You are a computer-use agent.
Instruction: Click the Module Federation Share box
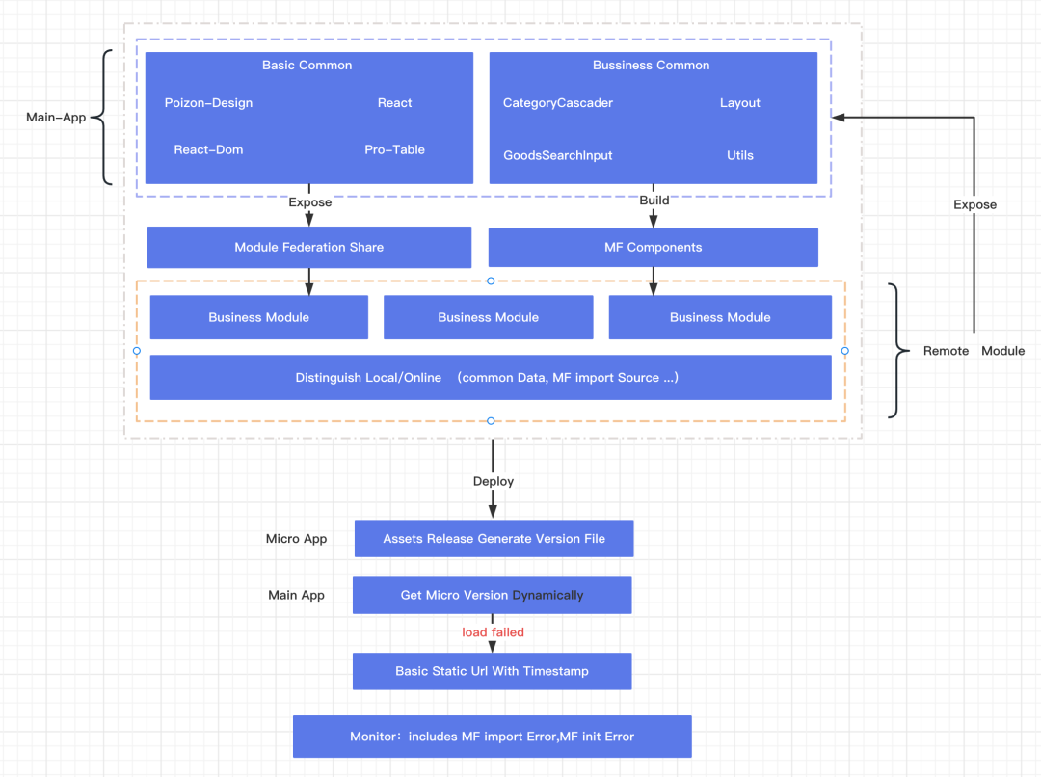tap(309, 247)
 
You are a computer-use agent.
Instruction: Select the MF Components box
tap(654, 247)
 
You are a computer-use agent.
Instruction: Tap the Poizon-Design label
tap(208, 103)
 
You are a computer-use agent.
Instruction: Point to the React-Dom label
tap(208, 150)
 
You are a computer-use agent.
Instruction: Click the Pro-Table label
tap(394, 150)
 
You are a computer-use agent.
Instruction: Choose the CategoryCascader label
tap(558, 103)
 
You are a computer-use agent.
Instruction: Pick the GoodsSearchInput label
tap(558, 155)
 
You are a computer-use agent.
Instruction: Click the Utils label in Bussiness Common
tap(740, 155)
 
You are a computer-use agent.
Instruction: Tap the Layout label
tap(740, 103)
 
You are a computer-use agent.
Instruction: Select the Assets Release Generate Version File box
tap(494, 539)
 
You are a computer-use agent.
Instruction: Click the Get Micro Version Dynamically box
tap(492, 595)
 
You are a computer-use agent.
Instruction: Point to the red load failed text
tap(493, 632)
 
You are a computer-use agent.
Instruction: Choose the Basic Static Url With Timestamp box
tap(492, 671)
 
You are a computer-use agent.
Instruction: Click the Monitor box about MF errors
tap(492, 737)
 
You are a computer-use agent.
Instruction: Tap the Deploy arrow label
tap(494, 481)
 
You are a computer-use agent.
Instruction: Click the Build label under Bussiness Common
tap(654, 201)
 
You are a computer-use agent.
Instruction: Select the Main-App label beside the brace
tap(56, 118)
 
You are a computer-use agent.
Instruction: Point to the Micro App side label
tap(296, 539)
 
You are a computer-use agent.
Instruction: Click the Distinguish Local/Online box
tap(491, 377)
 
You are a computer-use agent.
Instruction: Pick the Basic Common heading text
tap(307, 66)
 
